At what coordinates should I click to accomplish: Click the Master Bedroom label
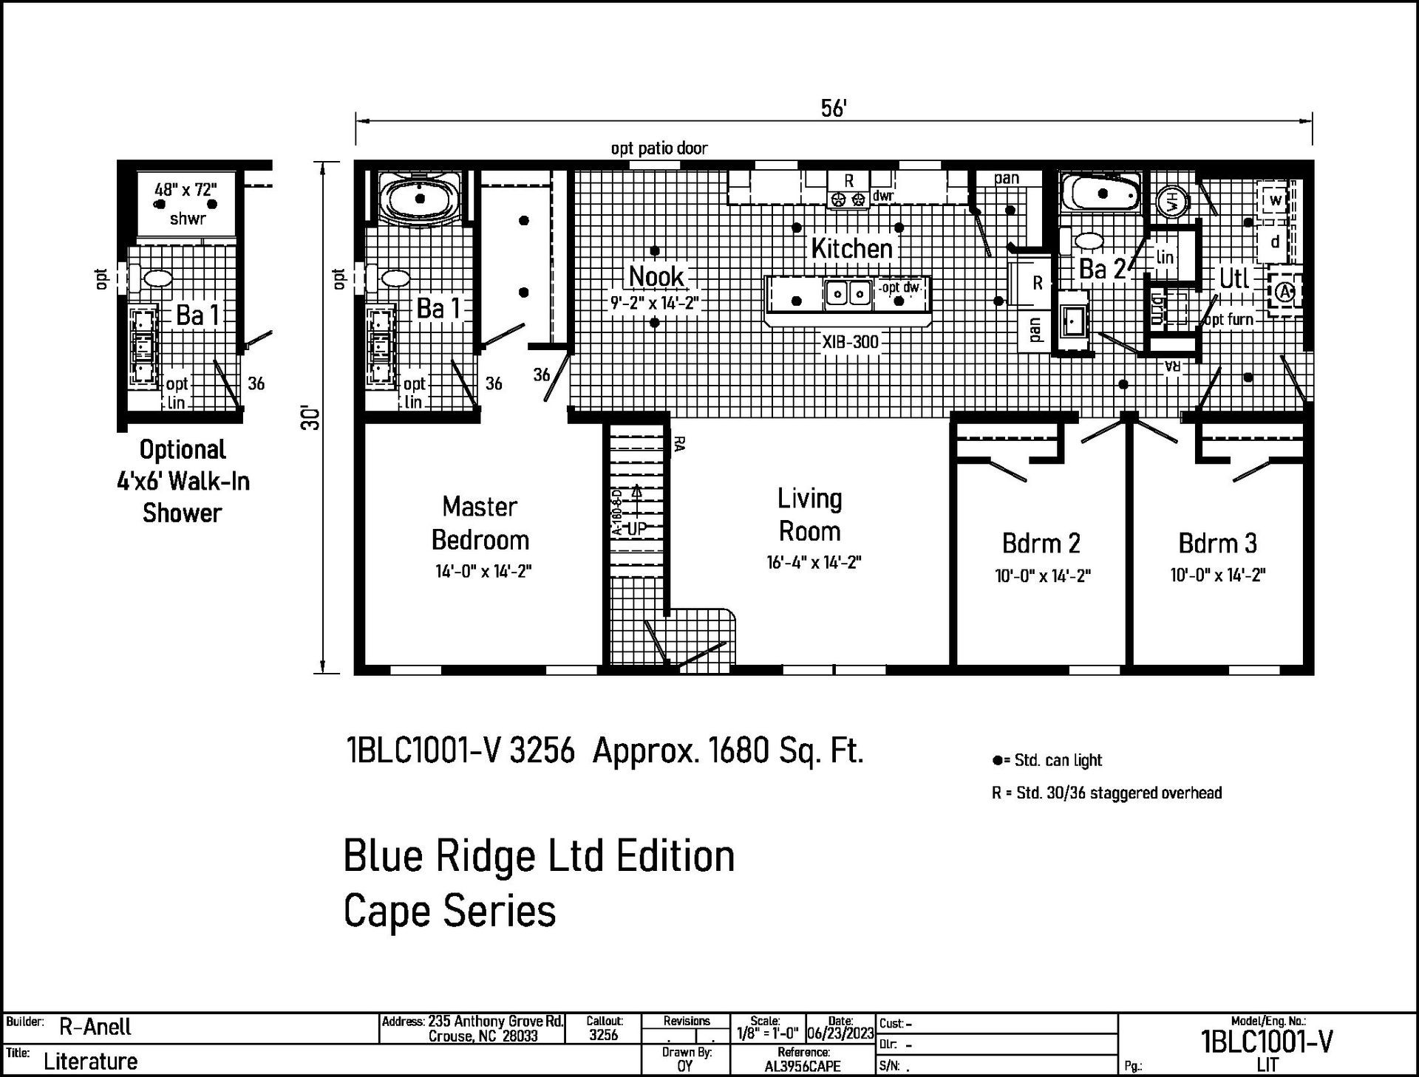[x=480, y=523]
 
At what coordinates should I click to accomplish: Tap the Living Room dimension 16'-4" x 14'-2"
[x=813, y=562]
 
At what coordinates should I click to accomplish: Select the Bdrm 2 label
[x=1041, y=544]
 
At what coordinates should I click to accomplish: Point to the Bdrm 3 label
[x=1217, y=544]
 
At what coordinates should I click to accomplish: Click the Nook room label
[x=656, y=276]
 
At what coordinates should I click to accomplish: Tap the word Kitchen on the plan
[x=851, y=249]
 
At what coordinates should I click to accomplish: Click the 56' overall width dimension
[x=833, y=109]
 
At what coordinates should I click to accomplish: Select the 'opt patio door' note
[x=659, y=148]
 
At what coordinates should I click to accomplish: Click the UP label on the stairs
[x=636, y=529]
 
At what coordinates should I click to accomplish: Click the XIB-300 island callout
[x=850, y=342]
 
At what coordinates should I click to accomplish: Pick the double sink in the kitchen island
[x=848, y=294]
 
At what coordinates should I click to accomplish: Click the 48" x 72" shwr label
[x=186, y=203]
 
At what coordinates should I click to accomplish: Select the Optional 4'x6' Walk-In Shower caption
[x=183, y=481]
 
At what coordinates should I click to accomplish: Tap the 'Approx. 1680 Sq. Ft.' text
[x=728, y=751]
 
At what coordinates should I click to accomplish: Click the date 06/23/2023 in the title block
[x=840, y=1033]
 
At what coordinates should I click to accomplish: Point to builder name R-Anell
[x=95, y=1027]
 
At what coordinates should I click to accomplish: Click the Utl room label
[x=1233, y=278]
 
